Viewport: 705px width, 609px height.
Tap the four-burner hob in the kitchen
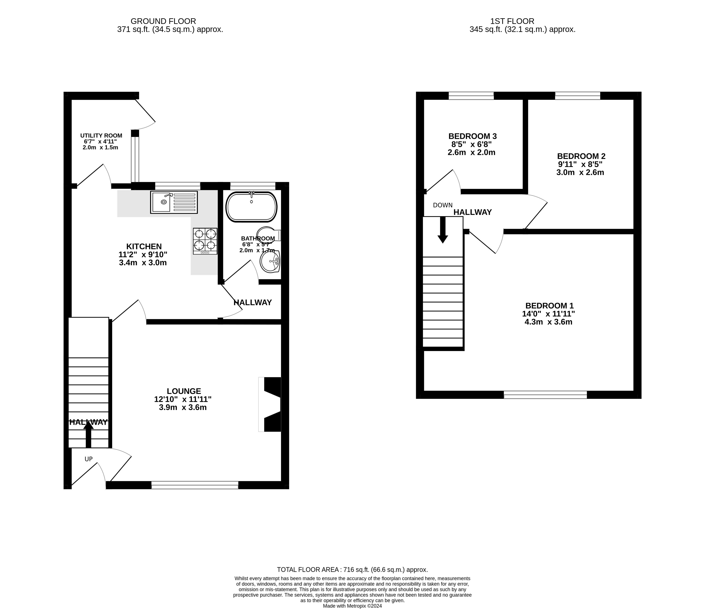click(205, 241)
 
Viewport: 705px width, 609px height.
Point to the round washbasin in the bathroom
click(270, 261)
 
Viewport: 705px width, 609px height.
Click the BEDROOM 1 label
click(549, 306)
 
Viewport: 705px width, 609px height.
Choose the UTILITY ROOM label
click(101, 135)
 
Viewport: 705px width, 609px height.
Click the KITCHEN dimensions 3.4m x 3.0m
click(143, 263)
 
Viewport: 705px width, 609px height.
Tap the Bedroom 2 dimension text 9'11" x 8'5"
click(580, 164)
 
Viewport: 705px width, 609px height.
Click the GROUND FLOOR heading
click(163, 21)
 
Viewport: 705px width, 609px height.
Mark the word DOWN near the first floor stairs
click(443, 205)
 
